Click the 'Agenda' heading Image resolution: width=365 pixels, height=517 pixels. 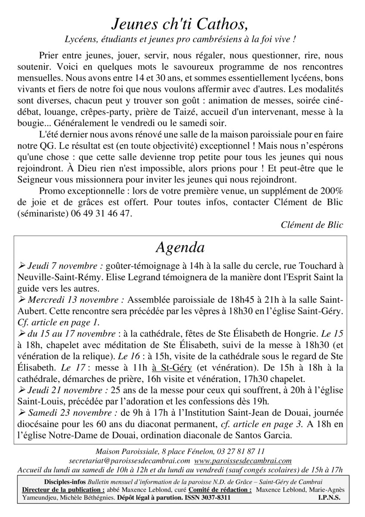180,247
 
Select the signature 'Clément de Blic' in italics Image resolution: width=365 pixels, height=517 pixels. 312,225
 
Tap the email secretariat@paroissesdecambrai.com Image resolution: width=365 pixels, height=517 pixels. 130,461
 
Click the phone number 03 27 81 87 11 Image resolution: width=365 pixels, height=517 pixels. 242,452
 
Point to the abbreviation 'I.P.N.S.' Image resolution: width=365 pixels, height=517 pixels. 330,497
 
